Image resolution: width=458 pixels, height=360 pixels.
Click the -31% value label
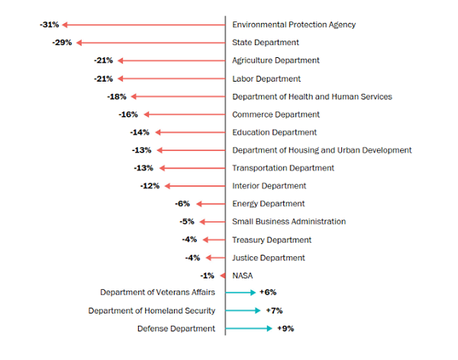(50, 24)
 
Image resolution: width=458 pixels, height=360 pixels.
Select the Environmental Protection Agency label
(294, 25)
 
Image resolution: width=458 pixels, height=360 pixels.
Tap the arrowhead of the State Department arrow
(79, 43)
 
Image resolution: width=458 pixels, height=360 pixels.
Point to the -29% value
(62, 43)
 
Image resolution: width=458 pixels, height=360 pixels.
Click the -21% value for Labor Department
(103, 79)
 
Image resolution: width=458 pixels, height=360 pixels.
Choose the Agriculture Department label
(276, 61)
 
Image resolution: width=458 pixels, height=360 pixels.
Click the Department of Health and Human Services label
(312, 97)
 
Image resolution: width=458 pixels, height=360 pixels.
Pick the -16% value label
(128, 114)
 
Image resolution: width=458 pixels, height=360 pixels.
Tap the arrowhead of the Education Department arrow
(158, 133)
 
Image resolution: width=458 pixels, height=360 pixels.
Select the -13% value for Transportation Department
(144, 168)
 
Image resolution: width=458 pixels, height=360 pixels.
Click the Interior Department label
(269, 186)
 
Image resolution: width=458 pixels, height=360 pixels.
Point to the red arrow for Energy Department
(211, 204)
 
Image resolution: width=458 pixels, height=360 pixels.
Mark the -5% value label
(187, 222)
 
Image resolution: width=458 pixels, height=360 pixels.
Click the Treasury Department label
(272, 240)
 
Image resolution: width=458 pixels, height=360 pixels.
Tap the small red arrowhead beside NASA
(223, 275)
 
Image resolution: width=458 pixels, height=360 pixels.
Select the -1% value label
(207, 275)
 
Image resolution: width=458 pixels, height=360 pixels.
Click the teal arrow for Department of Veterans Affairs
(240, 293)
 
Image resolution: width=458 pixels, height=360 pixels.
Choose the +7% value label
(274, 310)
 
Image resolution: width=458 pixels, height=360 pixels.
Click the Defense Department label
(176, 329)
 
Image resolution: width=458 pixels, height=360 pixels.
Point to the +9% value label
(285, 329)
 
